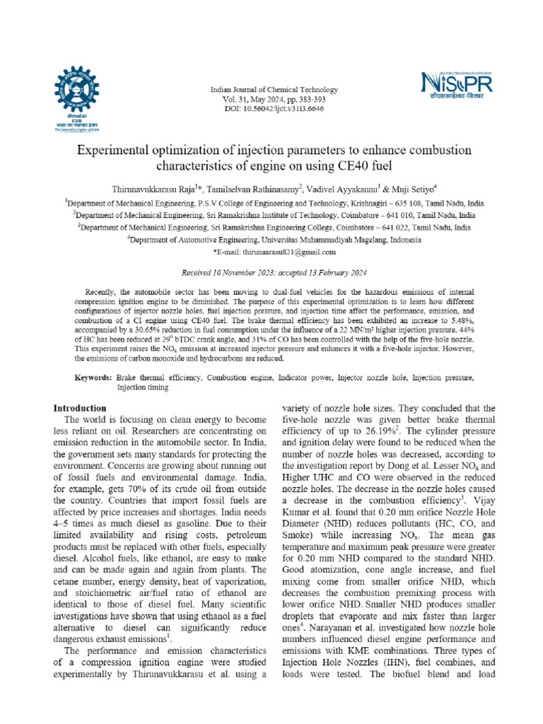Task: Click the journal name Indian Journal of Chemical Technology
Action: point(274,90)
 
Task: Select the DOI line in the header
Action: point(274,109)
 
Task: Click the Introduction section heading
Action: point(81,409)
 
